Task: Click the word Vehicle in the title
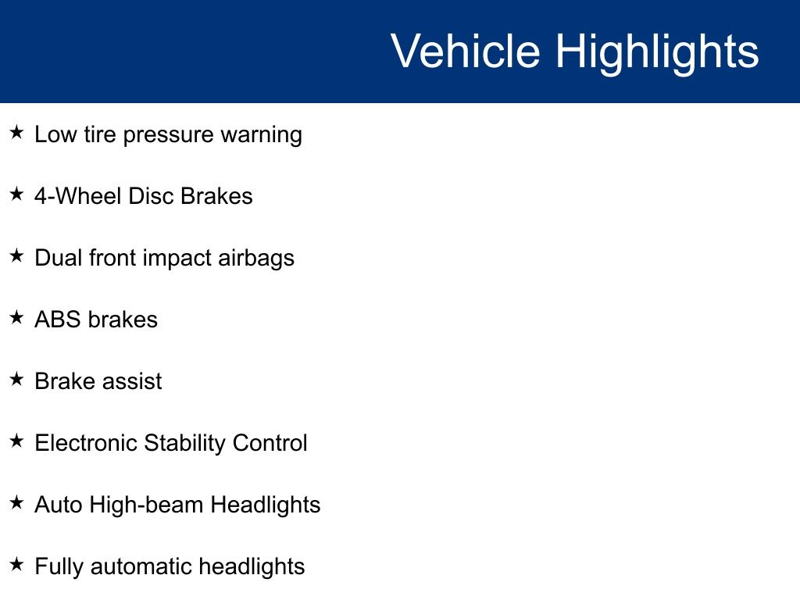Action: point(466,51)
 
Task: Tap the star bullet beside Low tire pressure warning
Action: point(17,132)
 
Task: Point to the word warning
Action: point(261,136)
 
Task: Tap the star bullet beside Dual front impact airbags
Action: point(17,255)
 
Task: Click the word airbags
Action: point(256,259)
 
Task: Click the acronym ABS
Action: point(58,320)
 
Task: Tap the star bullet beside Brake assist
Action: point(17,379)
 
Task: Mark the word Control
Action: point(270,443)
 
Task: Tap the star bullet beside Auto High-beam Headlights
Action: point(17,502)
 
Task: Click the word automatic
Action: point(141,566)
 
